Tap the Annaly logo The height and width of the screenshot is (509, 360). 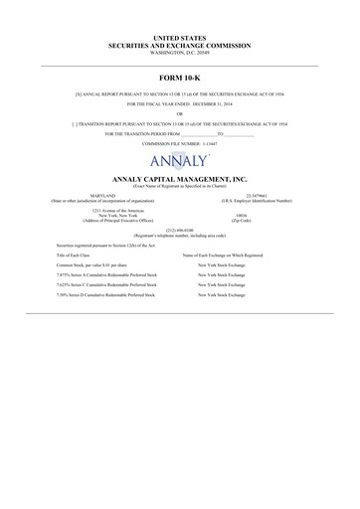179,161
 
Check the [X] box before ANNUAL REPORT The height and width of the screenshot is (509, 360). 80,94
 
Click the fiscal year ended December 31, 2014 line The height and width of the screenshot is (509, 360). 179,104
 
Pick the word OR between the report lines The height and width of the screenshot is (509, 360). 179,113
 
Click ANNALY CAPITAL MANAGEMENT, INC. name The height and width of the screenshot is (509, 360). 179,177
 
